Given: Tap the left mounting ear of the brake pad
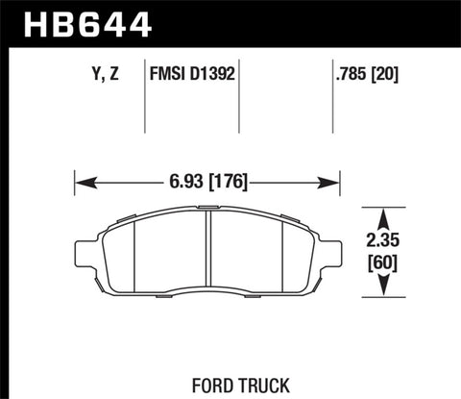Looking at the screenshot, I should click(x=82, y=253).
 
